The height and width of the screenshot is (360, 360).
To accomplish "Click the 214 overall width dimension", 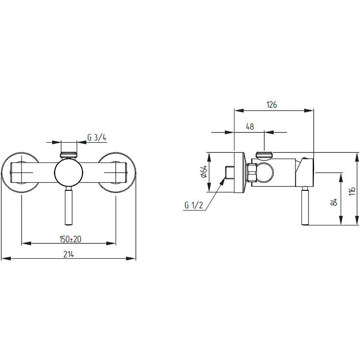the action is (69, 254).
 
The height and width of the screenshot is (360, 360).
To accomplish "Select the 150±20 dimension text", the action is (70, 239).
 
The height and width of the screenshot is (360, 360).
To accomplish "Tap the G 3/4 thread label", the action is (97, 137).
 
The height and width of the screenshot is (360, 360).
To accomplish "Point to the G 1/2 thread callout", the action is (194, 205).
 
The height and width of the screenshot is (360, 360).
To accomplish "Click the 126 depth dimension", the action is (272, 105).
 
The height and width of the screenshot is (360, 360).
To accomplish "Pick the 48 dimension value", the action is (250, 126).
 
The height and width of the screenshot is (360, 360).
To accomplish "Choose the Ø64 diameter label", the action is (204, 172).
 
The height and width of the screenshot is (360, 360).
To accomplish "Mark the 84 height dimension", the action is (335, 202).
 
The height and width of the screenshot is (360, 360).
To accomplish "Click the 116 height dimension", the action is (352, 191).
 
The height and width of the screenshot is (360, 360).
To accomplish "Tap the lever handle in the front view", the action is (69, 206).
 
